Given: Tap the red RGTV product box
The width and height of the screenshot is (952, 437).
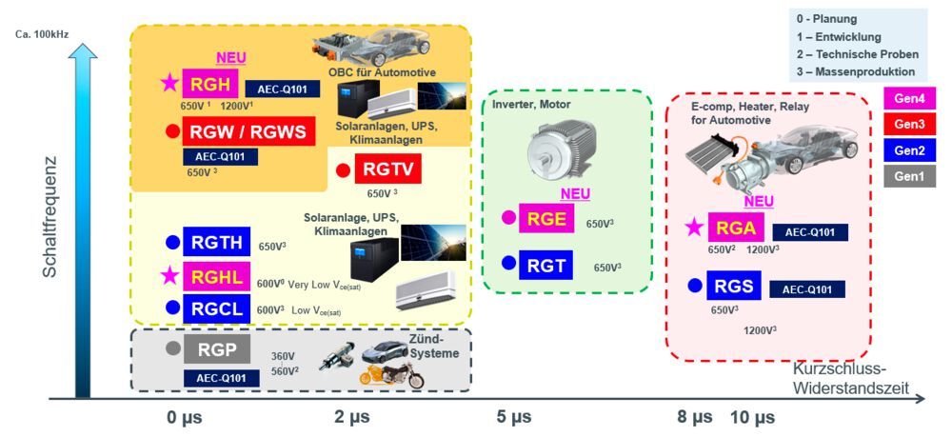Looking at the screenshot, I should [388, 170].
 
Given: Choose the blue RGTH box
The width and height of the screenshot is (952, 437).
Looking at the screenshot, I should [218, 243].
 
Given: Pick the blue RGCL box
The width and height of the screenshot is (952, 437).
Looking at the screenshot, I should [218, 308].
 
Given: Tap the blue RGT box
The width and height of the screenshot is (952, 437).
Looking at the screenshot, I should [545, 264].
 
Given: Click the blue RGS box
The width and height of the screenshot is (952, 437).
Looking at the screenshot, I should [736, 285].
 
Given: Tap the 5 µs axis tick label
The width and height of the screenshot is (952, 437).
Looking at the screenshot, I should [513, 417].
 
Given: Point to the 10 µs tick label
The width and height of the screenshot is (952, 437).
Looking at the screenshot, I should [752, 417].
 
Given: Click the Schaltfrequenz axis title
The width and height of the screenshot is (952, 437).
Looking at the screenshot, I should [48, 218].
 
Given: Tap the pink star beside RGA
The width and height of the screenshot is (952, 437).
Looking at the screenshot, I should [695, 228].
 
